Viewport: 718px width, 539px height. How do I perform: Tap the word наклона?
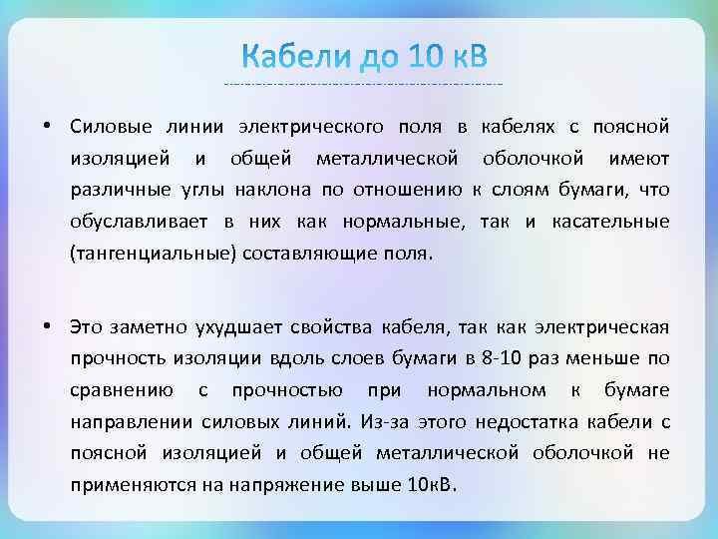point(267,191)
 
